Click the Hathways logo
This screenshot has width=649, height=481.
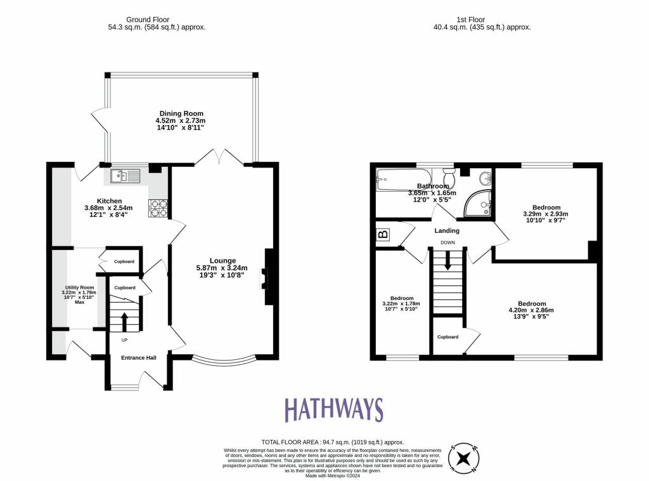click(333, 410)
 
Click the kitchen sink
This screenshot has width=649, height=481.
click(125, 175)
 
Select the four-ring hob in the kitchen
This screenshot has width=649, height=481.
click(158, 209)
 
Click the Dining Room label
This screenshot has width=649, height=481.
click(181, 114)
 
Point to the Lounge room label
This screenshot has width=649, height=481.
click(222, 260)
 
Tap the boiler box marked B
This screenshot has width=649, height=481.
click(382, 235)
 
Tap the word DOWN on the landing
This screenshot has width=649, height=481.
click(447, 242)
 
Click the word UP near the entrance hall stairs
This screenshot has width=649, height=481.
click(124, 340)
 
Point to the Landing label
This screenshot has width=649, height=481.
click(447, 230)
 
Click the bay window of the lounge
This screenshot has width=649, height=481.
click(225, 362)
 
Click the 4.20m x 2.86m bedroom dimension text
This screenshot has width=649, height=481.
click(531, 310)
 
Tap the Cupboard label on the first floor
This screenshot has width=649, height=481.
click(447, 337)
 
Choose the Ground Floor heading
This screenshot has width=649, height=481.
click(157, 20)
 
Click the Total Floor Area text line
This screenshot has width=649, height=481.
click(332, 442)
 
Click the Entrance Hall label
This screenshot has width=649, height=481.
click(138, 358)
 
